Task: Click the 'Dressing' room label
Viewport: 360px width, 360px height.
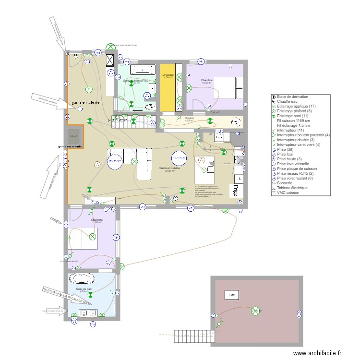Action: [x=168, y=75]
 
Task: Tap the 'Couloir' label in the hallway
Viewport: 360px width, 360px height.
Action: [x=189, y=118]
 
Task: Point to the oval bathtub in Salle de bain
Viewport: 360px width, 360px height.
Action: [x=82, y=278]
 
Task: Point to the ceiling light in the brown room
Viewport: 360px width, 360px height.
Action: [x=256, y=312]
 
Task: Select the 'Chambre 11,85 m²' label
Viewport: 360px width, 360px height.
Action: [x=97, y=221]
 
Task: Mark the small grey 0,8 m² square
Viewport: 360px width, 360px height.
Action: [x=73, y=136]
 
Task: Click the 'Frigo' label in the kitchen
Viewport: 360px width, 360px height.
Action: [x=236, y=191]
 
